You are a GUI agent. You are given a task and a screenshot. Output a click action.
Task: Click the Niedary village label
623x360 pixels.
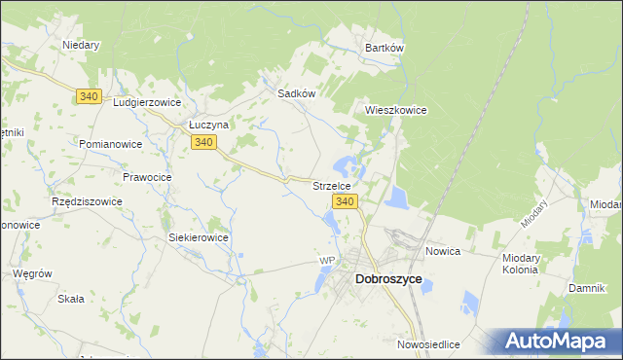(82, 45)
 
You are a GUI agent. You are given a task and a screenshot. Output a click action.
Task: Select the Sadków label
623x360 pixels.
(297, 93)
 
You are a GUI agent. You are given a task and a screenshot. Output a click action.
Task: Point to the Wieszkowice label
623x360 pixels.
(396, 110)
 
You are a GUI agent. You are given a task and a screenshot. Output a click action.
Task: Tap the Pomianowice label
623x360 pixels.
(112, 144)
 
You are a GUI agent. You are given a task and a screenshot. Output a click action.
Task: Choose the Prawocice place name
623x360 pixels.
(147, 177)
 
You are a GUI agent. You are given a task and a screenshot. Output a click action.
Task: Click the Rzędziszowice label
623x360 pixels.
(87, 201)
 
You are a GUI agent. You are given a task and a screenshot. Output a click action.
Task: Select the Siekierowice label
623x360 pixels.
(199, 237)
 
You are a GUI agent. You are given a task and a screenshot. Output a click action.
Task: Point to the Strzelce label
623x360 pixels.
(338, 184)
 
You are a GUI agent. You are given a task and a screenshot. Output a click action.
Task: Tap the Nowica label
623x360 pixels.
(443, 251)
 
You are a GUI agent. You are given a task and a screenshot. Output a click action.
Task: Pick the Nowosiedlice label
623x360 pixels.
(428, 344)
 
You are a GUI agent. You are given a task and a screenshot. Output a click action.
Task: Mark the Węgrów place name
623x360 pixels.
(32, 273)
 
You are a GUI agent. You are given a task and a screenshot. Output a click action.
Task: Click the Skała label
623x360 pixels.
(70, 299)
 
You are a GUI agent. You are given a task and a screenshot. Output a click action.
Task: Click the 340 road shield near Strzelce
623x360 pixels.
(346, 200)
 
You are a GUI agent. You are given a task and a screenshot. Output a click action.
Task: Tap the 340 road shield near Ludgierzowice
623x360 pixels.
(90, 95)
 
